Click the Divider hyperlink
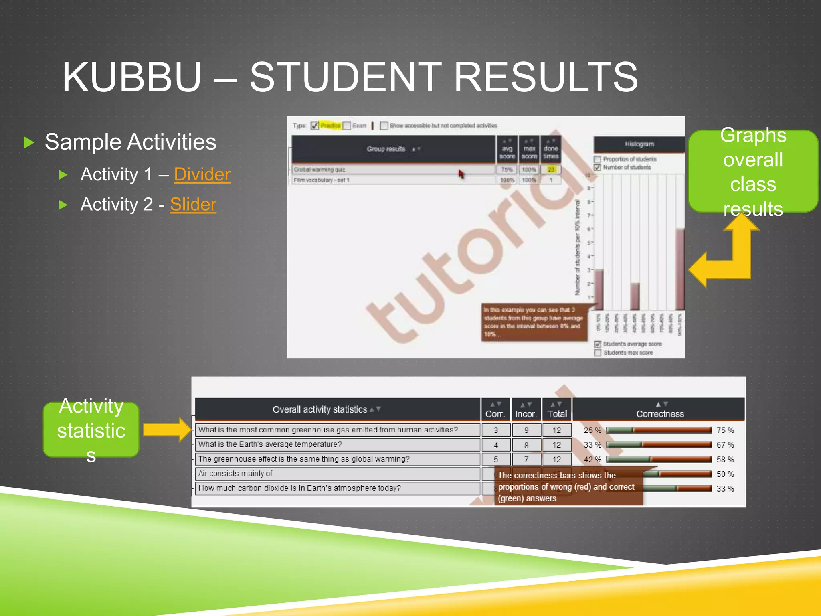coord(202,174)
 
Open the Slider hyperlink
coord(193,205)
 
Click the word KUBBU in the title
coord(131,77)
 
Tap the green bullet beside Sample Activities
coord(29,142)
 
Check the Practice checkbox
coord(315,126)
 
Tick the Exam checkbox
coord(347,126)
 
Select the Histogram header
coord(639,144)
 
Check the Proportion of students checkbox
coord(597,159)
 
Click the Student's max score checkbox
coord(597,353)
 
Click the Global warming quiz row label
coord(320,170)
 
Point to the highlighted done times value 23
coord(551,170)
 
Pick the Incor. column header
coord(526,413)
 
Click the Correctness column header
coord(660,413)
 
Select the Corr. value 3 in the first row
coord(496,430)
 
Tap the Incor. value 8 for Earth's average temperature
coord(526,445)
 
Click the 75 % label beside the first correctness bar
coord(725,430)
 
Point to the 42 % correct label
coord(592,460)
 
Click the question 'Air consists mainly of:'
coord(236,474)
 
